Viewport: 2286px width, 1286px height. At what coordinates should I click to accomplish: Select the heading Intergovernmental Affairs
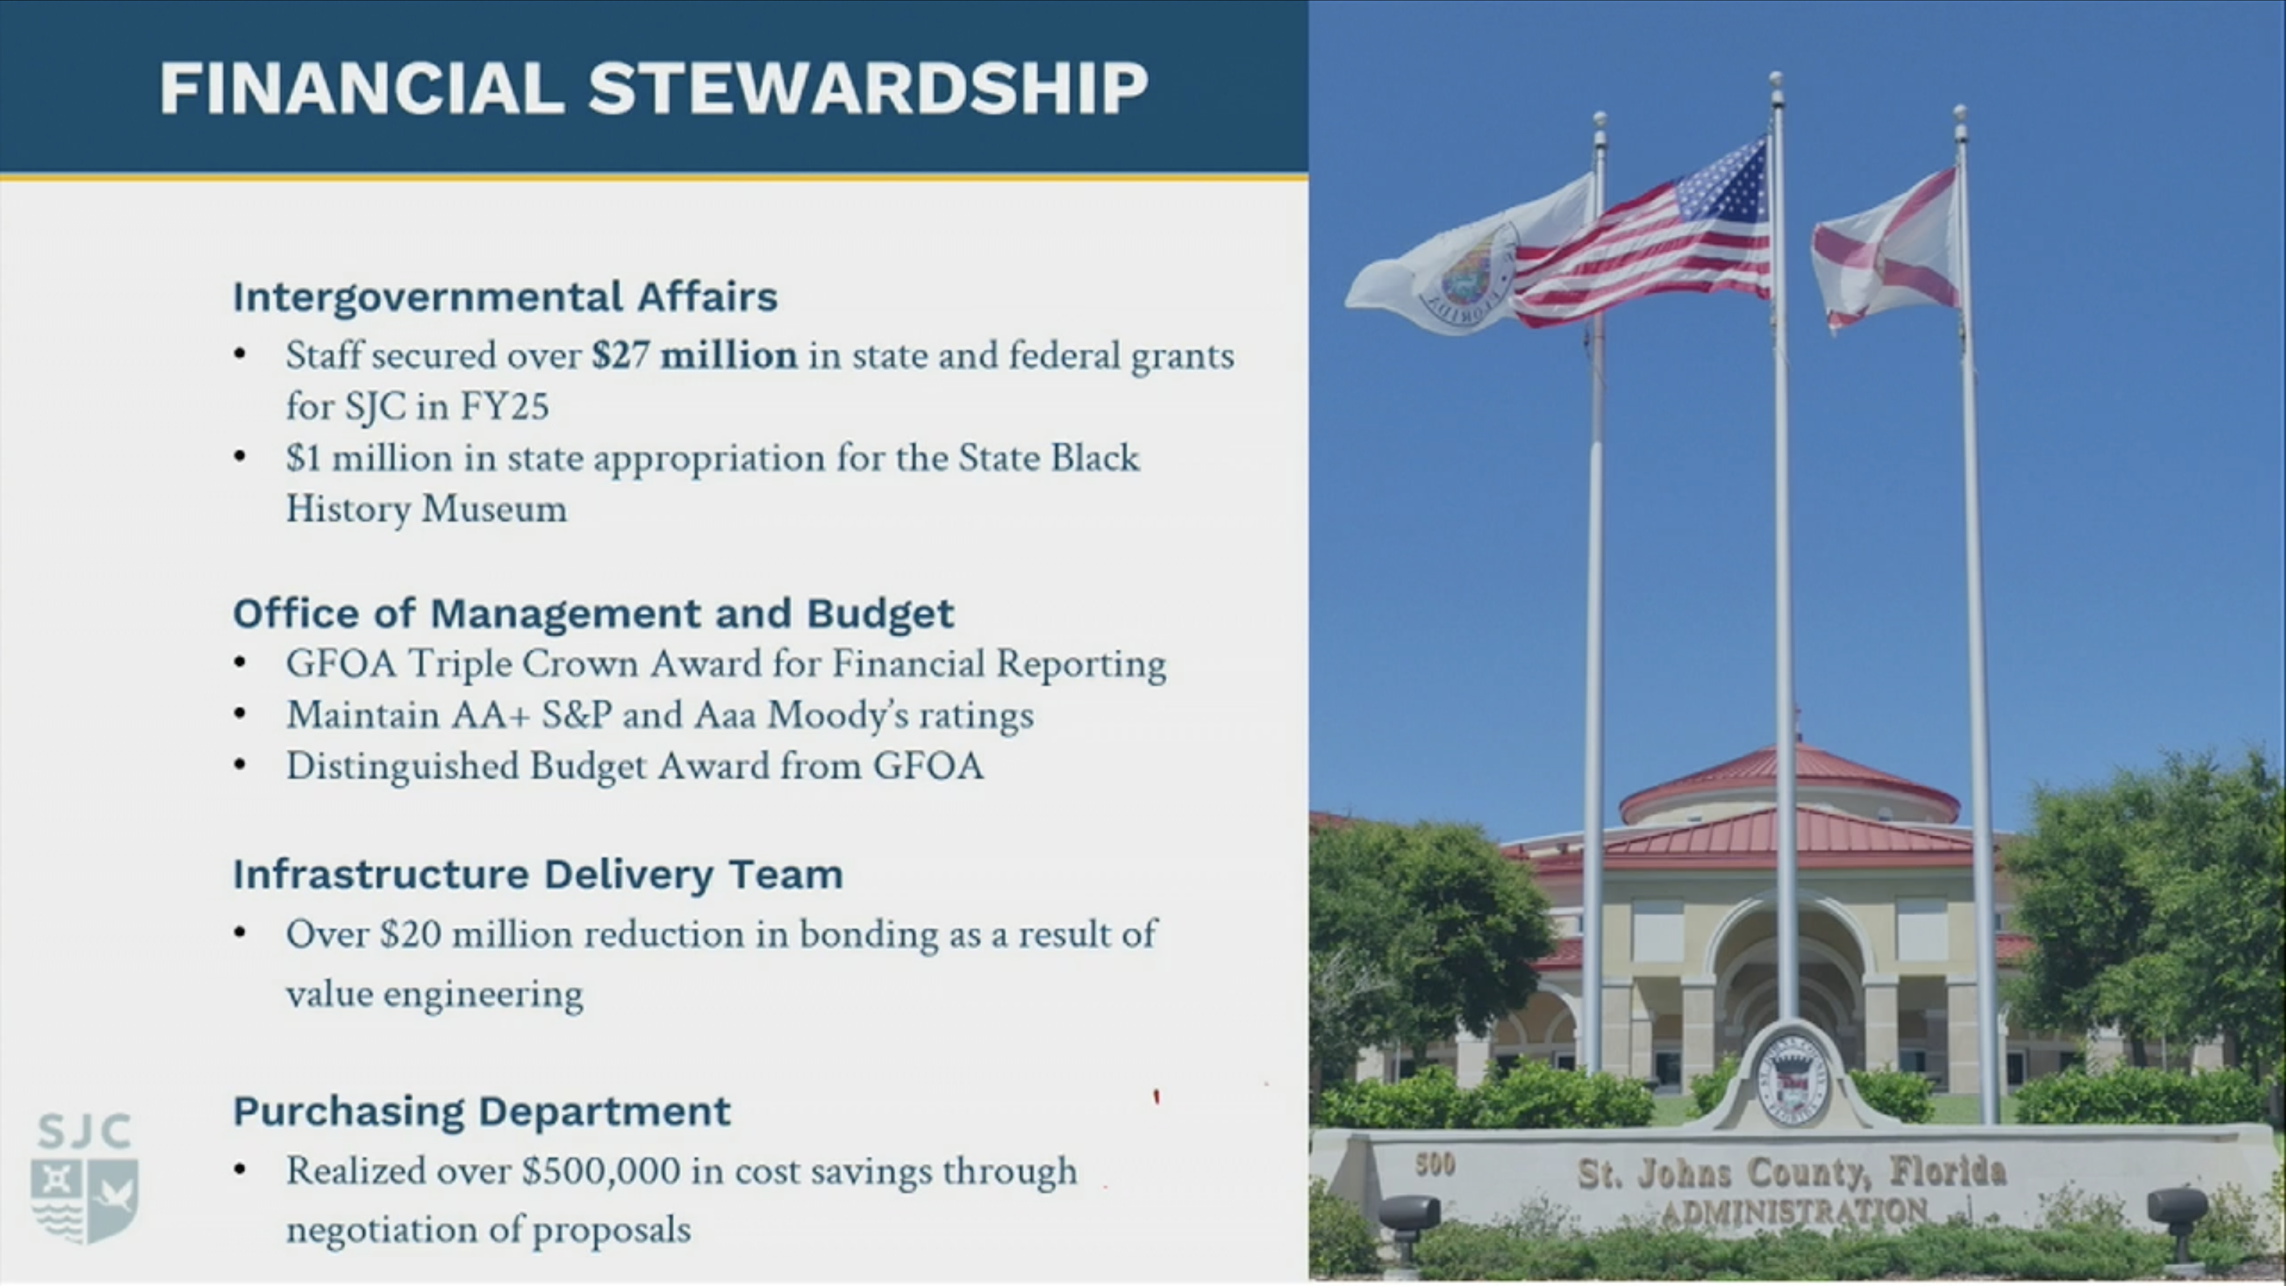pos(505,296)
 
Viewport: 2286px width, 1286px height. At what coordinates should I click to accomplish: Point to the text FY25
pos(504,406)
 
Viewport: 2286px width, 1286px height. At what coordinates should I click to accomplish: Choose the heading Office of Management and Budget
pos(593,613)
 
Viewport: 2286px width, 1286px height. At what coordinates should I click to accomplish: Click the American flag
pos(1642,235)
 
